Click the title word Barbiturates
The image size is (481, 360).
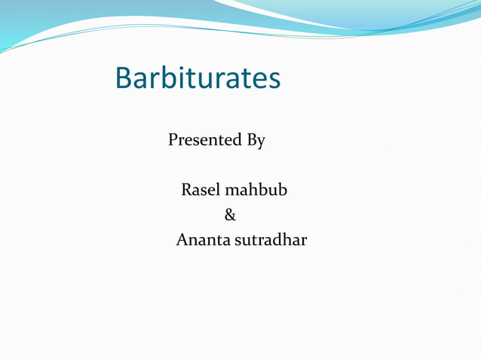198,78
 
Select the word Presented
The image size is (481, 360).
204,140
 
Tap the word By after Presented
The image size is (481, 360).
256,141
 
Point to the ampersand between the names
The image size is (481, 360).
230,216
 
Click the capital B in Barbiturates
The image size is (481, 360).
124,78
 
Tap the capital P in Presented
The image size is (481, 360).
173,140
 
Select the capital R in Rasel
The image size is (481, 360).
187,191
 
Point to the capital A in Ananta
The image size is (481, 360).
182,241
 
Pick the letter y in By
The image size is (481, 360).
261,142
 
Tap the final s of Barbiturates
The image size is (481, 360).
274,81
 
